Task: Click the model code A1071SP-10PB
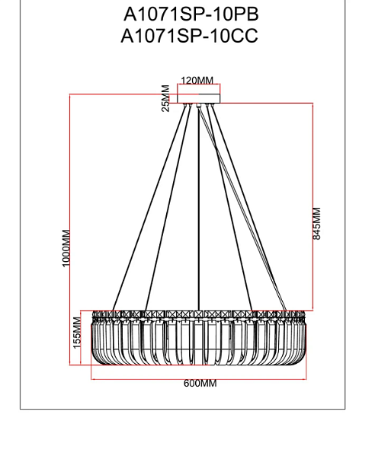[191, 14]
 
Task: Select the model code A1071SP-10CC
[189, 36]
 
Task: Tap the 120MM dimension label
[197, 81]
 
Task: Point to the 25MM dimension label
[165, 98]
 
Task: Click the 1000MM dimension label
[66, 248]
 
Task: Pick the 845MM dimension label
[317, 223]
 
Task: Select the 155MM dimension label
[77, 333]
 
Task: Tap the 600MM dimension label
[200, 383]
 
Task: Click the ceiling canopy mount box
[199, 99]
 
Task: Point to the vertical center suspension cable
[199, 208]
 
